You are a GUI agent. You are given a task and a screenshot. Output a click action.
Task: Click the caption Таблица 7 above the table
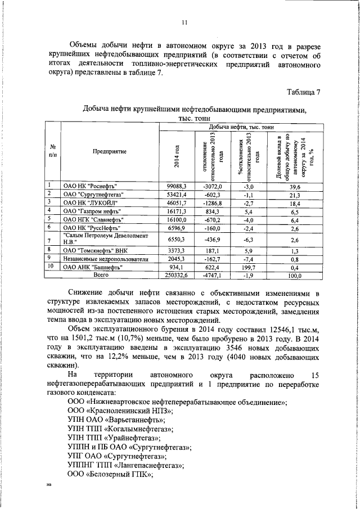(x=303, y=92)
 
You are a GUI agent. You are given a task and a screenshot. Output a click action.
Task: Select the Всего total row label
(x=101, y=276)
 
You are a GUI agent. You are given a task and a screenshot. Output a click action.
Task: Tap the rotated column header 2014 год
(x=177, y=155)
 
